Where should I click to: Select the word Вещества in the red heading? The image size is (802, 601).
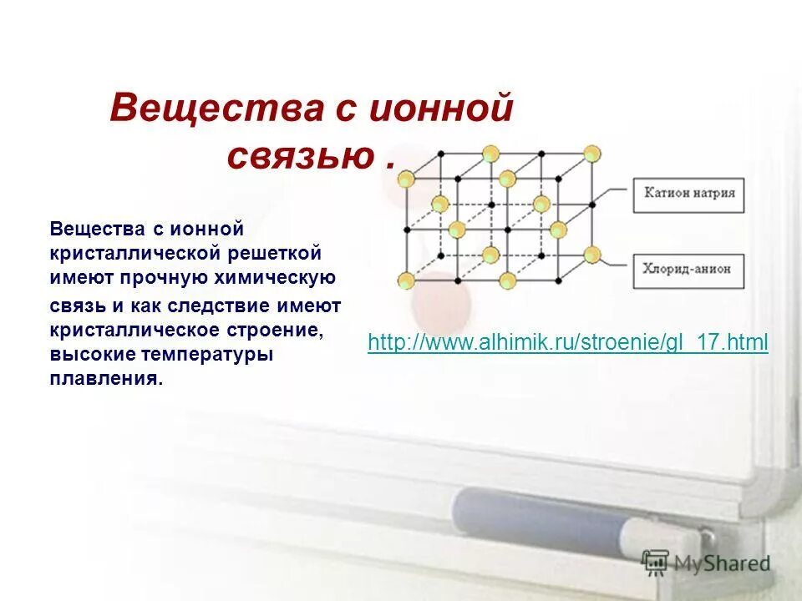click(x=217, y=110)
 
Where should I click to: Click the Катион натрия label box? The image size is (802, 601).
click(x=688, y=193)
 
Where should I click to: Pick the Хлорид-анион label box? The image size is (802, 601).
click(x=688, y=268)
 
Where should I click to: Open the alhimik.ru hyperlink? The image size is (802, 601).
click(x=567, y=342)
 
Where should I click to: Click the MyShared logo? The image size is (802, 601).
click(x=706, y=563)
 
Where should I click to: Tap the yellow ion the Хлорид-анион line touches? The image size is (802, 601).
click(x=592, y=255)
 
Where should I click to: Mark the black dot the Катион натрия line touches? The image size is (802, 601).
click(x=593, y=203)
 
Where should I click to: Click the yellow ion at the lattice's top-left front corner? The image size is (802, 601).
click(x=406, y=179)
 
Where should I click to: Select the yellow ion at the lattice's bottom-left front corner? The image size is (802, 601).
click(x=406, y=280)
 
